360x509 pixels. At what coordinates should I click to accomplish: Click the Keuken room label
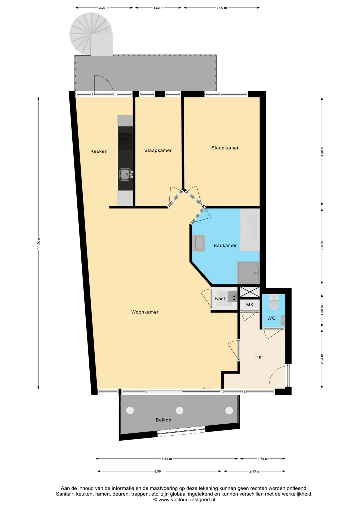coord(99,151)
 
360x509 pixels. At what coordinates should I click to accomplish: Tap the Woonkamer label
coord(145,312)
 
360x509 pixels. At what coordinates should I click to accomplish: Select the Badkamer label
coord(225,245)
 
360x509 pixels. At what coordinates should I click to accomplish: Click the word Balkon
coord(164,420)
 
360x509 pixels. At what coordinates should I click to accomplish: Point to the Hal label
coord(259,357)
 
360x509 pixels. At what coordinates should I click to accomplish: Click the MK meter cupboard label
coord(250,305)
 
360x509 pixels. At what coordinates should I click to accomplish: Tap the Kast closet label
coord(220,299)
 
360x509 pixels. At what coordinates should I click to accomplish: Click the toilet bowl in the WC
coord(273,304)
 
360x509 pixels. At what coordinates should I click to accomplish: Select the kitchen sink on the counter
coord(125,174)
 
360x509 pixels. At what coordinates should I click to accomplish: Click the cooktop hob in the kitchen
coord(125,141)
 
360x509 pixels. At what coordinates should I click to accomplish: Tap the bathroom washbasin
coord(199,243)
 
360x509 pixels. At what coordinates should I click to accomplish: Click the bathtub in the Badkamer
coord(250,230)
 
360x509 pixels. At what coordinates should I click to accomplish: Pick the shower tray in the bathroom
coord(248,273)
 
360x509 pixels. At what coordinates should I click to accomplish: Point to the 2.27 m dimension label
coord(104,8)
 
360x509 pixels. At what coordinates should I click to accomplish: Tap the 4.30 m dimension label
coord(322,152)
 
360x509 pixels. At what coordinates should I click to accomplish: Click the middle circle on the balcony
coord(179,410)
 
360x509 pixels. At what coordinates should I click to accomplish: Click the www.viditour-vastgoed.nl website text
coord(187,500)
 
